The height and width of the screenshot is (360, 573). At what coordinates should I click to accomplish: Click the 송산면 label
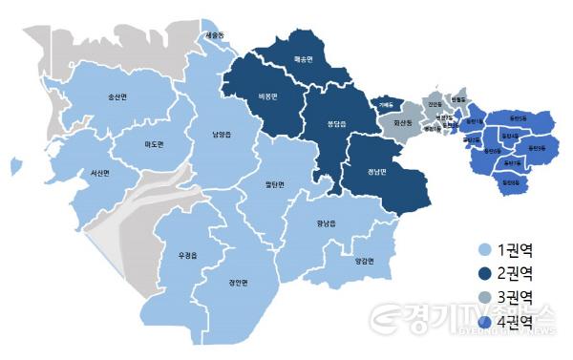click(119, 97)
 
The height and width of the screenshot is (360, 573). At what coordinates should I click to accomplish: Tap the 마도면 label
click(154, 144)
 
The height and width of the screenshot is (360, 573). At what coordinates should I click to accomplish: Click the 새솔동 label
click(216, 35)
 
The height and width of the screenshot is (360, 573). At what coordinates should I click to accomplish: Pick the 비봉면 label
click(267, 96)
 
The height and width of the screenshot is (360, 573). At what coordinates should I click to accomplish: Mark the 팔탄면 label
click(278, 184)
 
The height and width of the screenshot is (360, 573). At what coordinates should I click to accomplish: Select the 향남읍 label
click(328, 224)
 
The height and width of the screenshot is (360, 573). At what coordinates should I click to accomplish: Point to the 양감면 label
click(364, 261)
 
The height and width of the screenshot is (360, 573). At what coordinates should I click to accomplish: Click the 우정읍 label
click(187, 255)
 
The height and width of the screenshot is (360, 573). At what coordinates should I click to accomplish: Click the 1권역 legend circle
click(484, 251)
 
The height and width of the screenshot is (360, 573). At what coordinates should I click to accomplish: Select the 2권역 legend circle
click(484, 272)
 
